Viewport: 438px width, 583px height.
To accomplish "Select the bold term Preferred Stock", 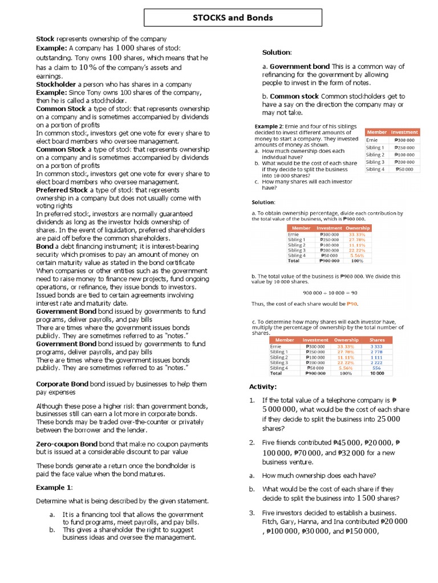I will coord(62,190).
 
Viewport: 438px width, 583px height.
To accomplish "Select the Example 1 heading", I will coord(54,488).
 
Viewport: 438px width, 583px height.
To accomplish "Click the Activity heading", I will coord(262,387).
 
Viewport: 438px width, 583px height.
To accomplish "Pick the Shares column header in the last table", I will coord(377,340).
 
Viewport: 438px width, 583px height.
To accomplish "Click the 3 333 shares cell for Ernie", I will coord(376,346).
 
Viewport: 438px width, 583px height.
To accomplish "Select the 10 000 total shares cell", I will coord(377,373).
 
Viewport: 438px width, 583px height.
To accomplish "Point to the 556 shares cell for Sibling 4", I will coord(377,368).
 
